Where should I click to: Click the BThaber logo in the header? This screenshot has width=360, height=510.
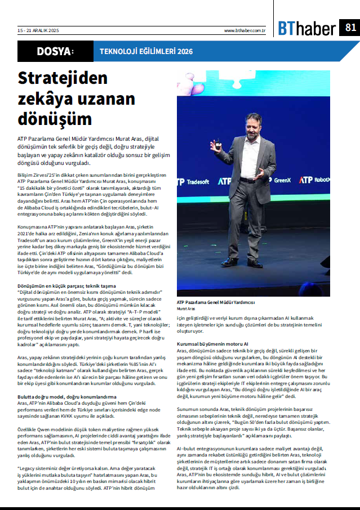[x=306, y=28]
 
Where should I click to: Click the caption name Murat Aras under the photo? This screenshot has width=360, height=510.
[x=186, y=309]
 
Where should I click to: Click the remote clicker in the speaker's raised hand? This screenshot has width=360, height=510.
[x=215, y=145]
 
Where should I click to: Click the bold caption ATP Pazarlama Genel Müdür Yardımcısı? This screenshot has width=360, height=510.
[x=216, y=303]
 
